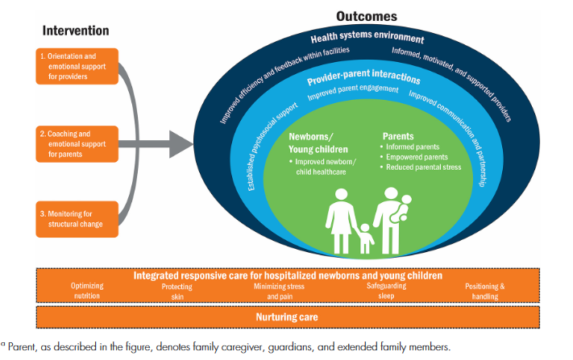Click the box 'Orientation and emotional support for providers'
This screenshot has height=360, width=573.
pyautogui.click(x=77, y=66)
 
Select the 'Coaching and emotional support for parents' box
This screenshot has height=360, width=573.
pyautogui.click(x=77, y=143)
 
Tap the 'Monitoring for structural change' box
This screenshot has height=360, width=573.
pyautogui.click(x=77, y=218)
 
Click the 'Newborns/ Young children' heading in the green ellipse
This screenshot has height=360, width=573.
pyautogui.click(x=318, y=143)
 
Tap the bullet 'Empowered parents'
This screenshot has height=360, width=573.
pyautogui.click(x=416, y=157)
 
